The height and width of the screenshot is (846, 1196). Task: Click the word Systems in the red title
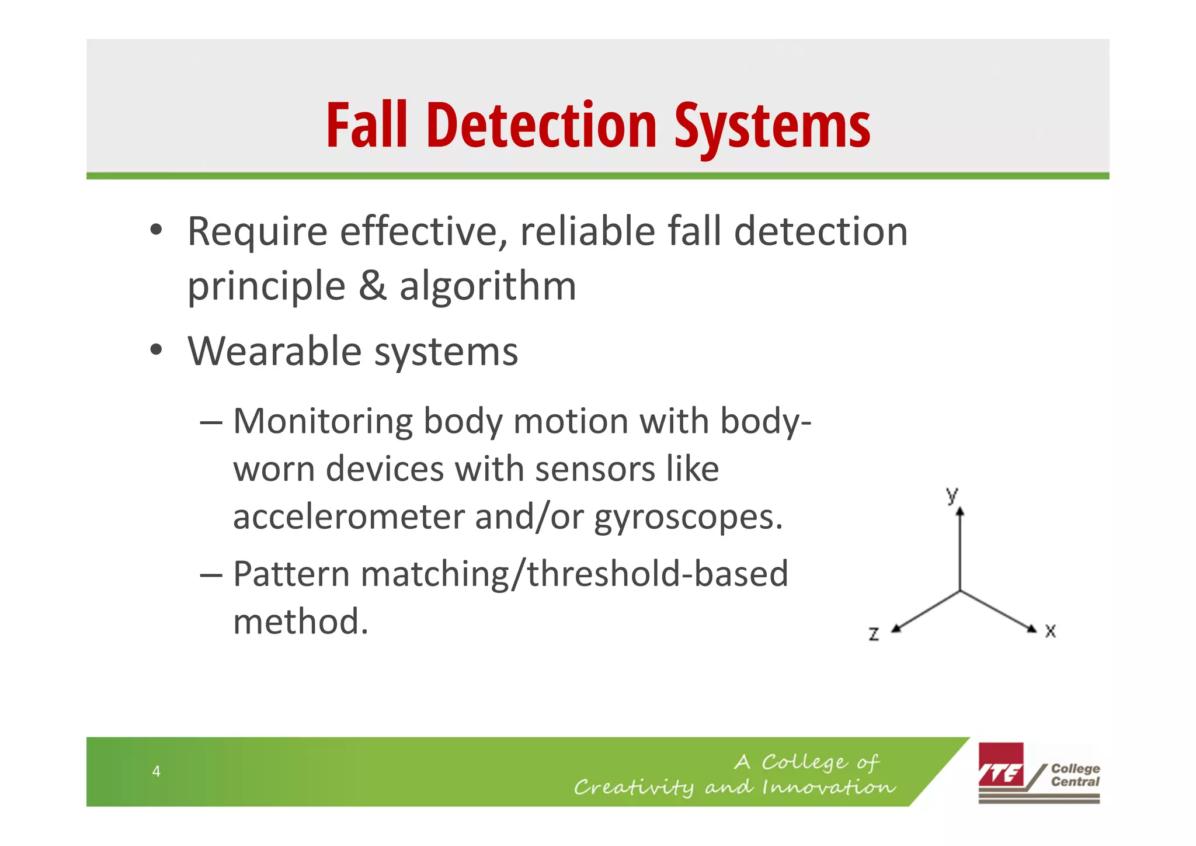[772, 126]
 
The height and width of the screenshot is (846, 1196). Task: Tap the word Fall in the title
[366, 126]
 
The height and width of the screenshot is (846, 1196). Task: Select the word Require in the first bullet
[257, 233]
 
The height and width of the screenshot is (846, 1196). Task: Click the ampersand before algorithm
[372, 286]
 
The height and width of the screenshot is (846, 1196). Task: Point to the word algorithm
[488, 287]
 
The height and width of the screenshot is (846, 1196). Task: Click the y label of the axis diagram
[952, 495]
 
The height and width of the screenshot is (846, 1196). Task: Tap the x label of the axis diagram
[1050, 631]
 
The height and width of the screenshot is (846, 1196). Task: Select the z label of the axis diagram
[874, 634]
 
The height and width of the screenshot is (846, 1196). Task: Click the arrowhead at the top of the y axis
[960, 512]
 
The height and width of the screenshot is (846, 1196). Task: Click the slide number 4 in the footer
[156, 771]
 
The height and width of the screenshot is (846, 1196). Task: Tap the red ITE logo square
[1001, 765]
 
